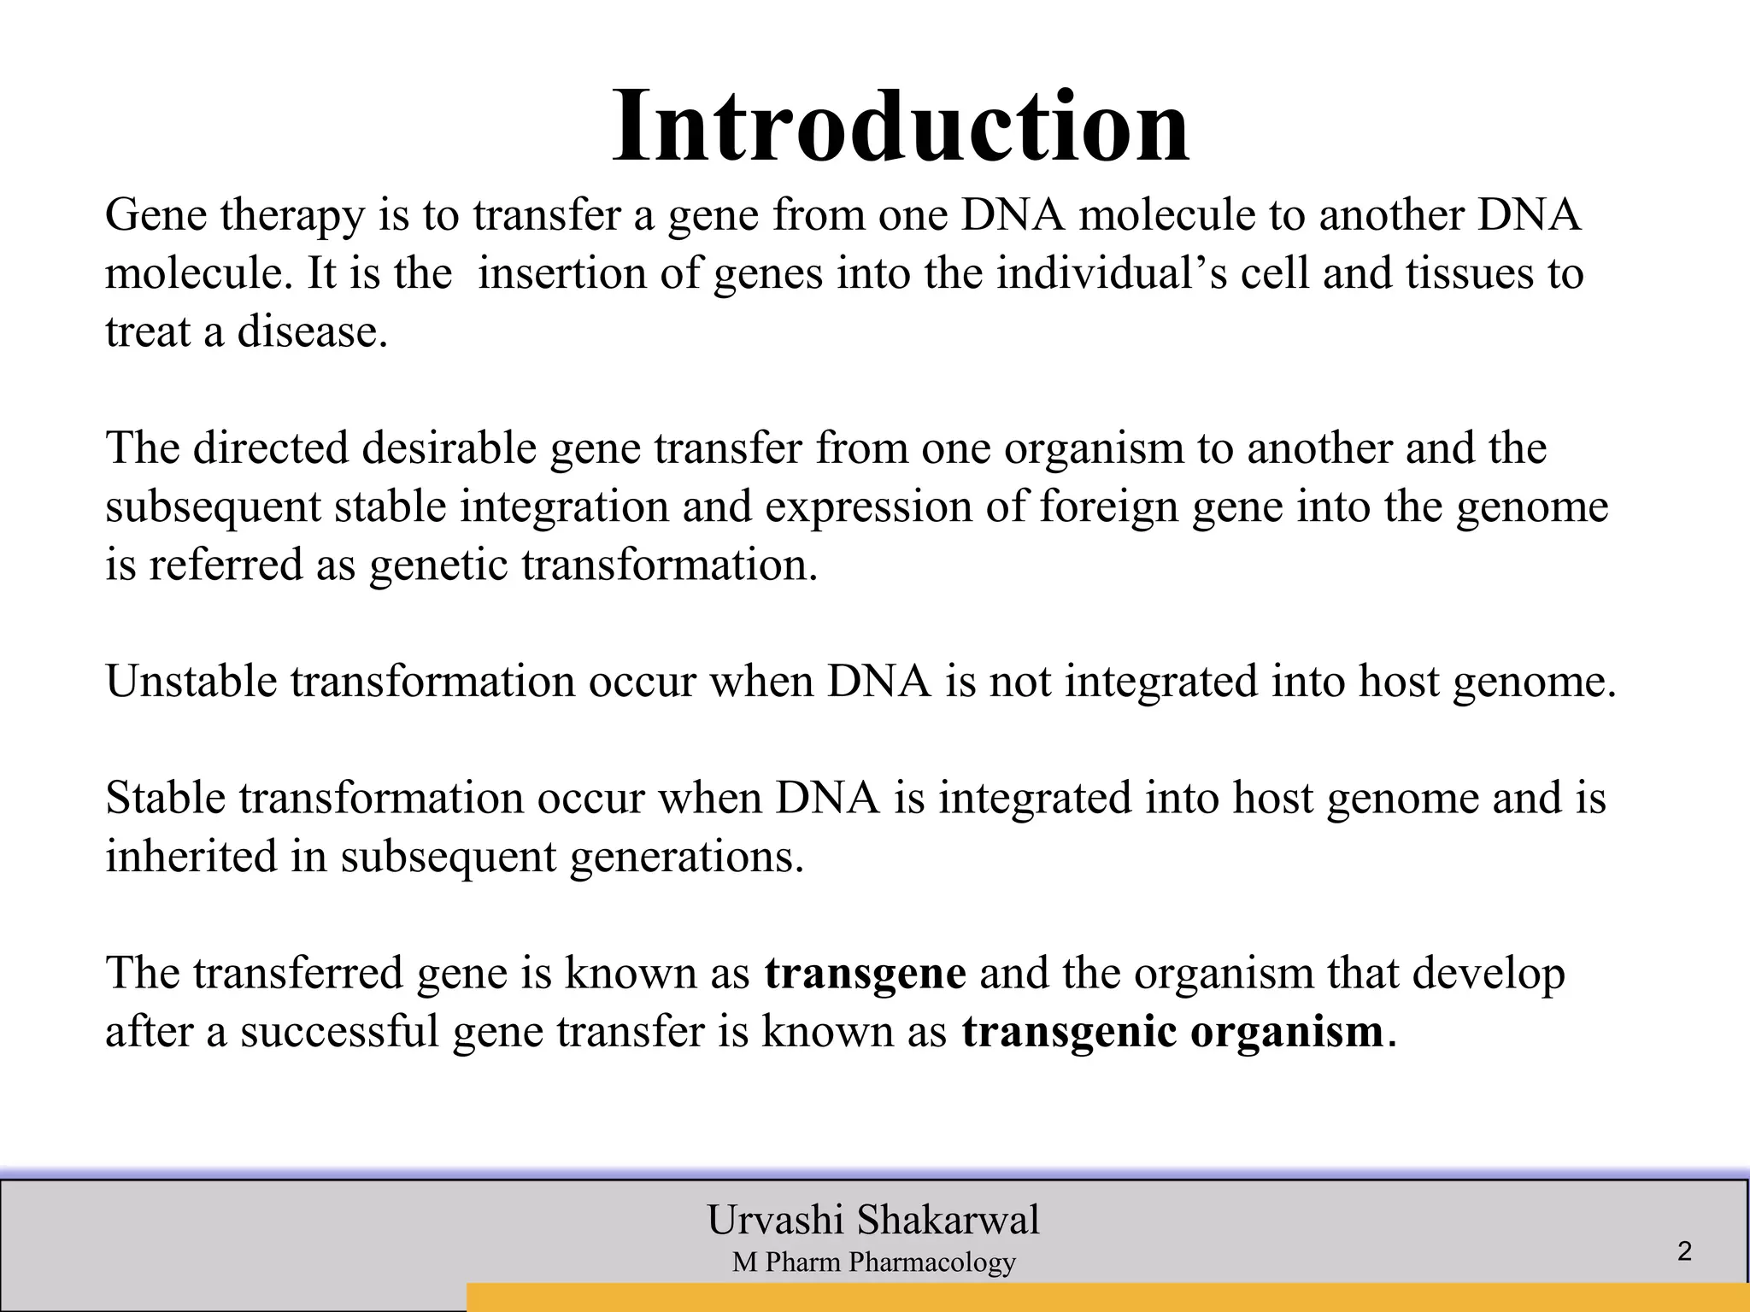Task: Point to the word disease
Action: (x=312, y=331)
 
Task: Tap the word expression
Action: (x=869, y=507)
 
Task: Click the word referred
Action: (x=226, y=565)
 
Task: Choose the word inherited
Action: (x=191, y=856)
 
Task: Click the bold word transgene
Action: (x=865, y=975)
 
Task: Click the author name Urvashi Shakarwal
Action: (x=873, y=1219)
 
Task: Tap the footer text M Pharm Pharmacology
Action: (x=873, y=1262)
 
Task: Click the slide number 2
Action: (x=1684, y=1252)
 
